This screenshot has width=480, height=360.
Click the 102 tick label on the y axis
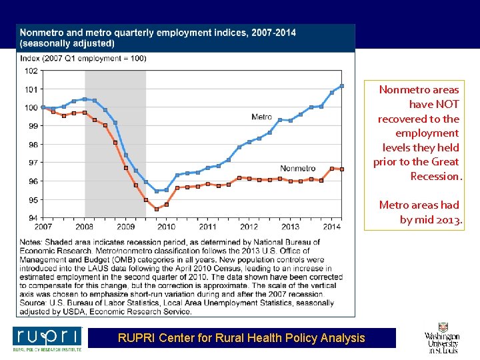tap(31, 71)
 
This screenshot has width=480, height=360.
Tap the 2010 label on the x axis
tap(166, 227)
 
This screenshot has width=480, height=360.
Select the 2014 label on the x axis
tap(331, 227)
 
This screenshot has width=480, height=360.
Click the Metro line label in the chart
tap(261, 117)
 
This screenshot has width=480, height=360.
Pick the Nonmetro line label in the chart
tap(298, 168)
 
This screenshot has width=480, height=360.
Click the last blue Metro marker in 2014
tap(342, 86)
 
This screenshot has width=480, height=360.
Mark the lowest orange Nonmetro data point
tap(157, 209)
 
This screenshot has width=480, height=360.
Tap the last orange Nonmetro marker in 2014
tap(342, 169)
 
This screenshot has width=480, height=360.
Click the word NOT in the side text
tap(447, 104)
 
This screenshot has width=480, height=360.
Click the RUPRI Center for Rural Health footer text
tap(241, 338)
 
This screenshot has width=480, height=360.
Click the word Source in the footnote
tap(35, 303)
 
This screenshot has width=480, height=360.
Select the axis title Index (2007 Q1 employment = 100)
tap(83, 59)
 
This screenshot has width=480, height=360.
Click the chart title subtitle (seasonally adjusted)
tap(67, 43)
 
